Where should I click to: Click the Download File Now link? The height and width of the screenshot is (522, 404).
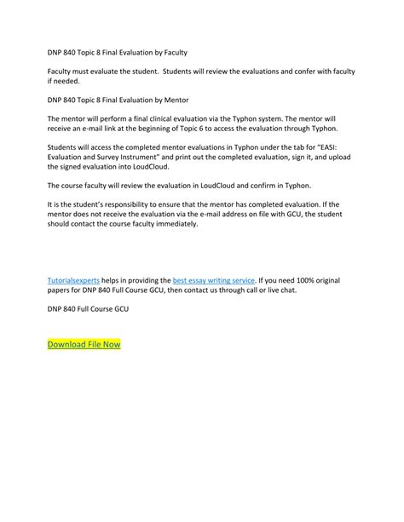point(84,344)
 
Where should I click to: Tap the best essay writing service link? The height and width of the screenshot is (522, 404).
point(214,278)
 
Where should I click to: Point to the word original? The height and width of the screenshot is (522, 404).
point(347,278)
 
